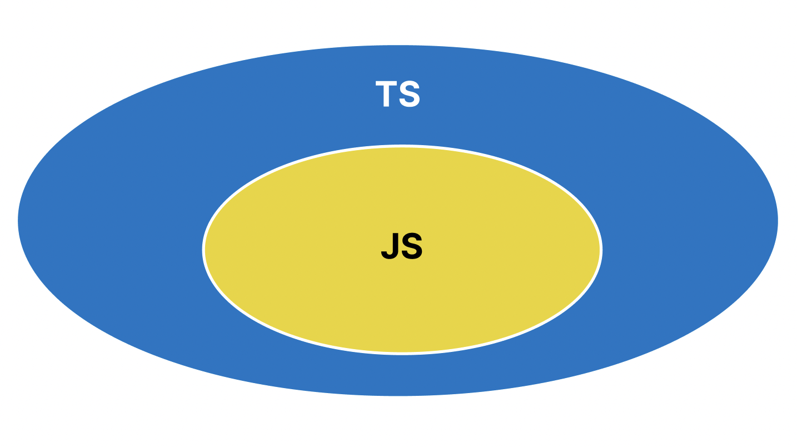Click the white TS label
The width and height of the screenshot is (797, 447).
(x=397, y=94)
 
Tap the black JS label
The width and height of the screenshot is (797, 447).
(x=401, y=246)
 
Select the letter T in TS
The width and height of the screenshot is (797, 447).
(x=386, y=94)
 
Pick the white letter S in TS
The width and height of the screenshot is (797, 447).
(x=410, y=94)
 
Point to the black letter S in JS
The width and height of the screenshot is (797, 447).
(x=412, y=246)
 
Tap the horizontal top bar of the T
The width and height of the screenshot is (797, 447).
(x=386, y=83)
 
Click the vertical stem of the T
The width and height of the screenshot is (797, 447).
(x=386, y=97)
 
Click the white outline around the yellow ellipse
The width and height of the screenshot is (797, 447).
(x=203, y=250)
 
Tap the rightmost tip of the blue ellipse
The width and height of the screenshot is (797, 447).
(x=776, y=221)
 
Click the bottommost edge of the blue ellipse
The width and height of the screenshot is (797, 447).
(x=398, y=394)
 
